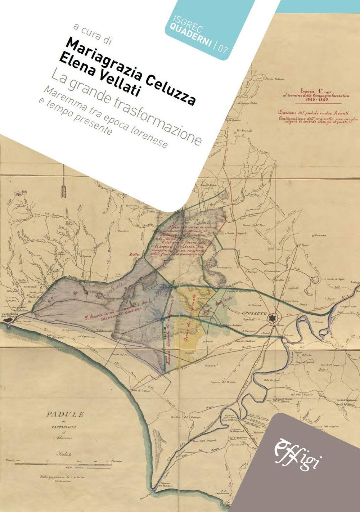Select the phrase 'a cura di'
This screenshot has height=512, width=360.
point(92,34)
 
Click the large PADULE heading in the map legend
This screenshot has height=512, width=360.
point(65,414)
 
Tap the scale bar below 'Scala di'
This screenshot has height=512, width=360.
point(65,461)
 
